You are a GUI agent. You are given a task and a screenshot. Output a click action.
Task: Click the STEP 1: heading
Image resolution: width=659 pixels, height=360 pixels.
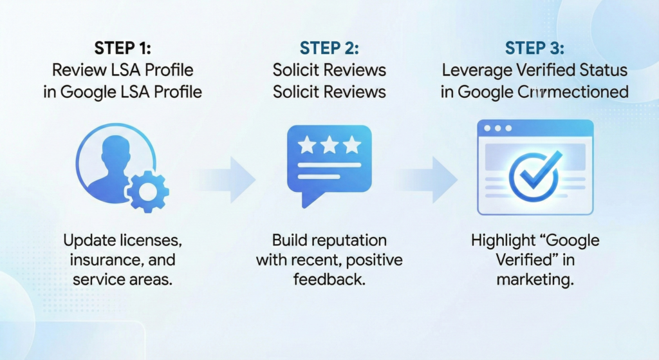click(x=122, y=48)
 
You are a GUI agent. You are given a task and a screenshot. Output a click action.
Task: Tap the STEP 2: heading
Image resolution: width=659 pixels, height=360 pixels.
click(x=329, y=48)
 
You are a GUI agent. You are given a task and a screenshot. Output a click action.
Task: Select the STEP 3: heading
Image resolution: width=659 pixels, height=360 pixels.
click(x=534, y=48)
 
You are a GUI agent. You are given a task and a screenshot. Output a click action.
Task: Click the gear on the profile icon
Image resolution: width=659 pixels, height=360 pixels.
click(x=147, y=191)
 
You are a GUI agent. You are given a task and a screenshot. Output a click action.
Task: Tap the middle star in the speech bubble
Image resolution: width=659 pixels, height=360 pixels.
click(x=329, y=146)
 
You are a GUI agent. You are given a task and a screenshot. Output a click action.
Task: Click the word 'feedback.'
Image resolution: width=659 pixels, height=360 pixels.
click(x=329, y=280)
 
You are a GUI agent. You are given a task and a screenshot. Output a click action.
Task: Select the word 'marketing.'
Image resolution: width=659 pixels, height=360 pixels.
click(x=535, y=280)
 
